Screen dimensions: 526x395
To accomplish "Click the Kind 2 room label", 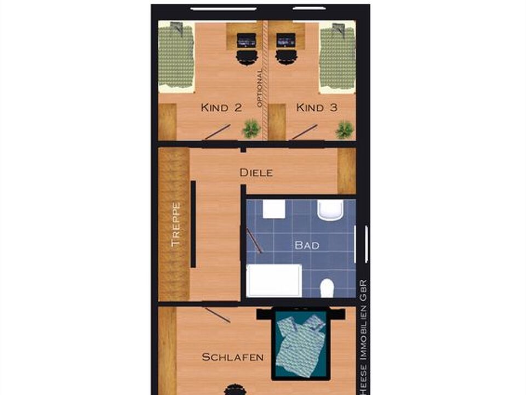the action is (x=221, y=108).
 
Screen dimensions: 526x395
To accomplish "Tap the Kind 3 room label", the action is (x=317, y=108).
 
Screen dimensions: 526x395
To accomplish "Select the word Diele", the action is (x=256, y=173).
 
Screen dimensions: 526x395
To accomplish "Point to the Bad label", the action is (x=307, y=245).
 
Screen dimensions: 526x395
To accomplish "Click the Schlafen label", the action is (x=232, y=357).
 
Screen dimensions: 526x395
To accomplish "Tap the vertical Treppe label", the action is (x=175, y=224).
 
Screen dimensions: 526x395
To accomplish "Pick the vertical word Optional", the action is (x=260, y=88).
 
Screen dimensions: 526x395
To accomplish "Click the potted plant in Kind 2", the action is (x=251, y=129).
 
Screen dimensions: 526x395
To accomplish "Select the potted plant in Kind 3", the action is (x=345, y=130).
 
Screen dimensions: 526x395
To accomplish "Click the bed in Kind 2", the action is (x=176, y=57).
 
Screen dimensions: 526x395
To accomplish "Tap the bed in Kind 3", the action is (x=337, y=57).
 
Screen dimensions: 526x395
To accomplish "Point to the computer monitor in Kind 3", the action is (x=286, y=41).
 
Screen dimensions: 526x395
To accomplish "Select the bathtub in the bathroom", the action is (x=274, y=281).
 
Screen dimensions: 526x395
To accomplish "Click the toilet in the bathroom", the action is (x=327, y=288).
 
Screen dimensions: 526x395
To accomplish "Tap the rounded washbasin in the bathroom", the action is (x=330, y=210).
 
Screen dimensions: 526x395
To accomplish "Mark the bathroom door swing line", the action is (x=254, y=241).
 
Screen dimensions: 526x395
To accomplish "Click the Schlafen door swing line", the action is (x=218, y=315).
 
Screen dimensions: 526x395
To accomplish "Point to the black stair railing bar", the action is (x=193, y=224).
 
